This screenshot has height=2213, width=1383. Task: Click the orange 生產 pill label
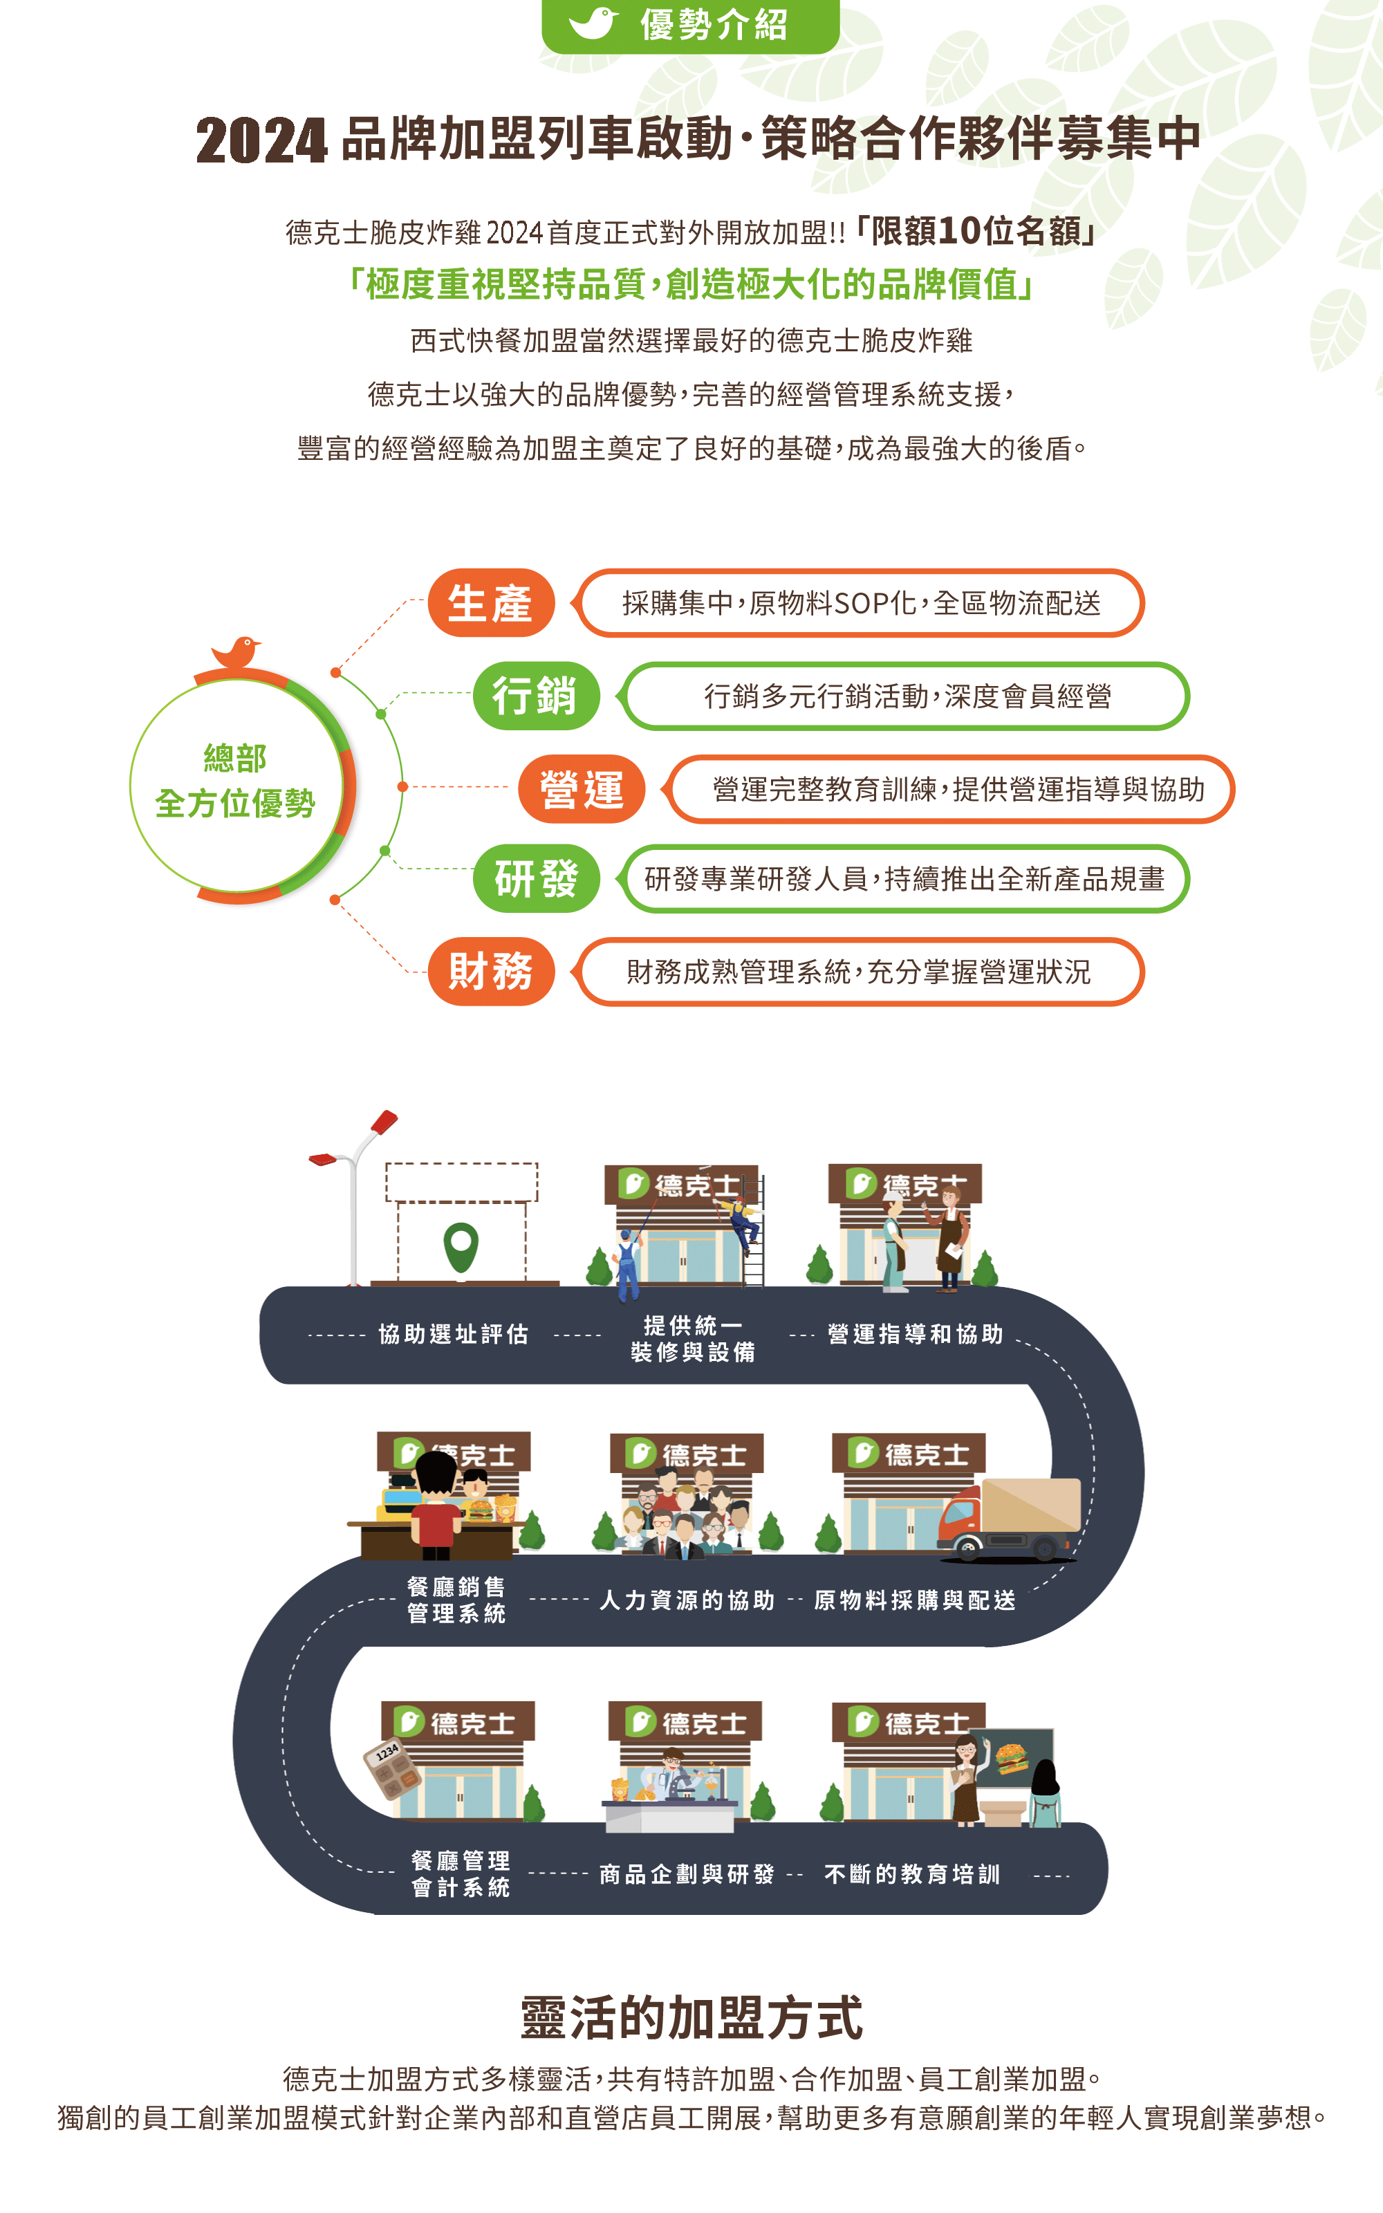(x=491, y=602)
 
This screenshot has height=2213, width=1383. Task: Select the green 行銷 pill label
(x=536, y=695)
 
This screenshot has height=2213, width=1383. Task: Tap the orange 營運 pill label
(x=582, y=788)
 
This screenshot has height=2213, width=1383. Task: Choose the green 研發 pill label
(x=536, y=878)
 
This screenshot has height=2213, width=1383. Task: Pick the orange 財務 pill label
(x=491, y=971)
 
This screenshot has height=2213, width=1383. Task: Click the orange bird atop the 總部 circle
(x=236, y=652)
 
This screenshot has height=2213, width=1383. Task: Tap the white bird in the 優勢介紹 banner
(x=593, y=23)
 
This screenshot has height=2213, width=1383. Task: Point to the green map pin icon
(x=461, y=1246)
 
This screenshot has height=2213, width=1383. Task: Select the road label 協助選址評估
(x=454, y=1334)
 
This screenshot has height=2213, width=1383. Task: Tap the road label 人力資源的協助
(x=687, y=1600)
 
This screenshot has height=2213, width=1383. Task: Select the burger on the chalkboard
(x=1011, y=1757)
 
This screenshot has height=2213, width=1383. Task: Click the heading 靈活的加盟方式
(x=691, y=2018)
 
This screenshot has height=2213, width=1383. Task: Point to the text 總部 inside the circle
(x=235, y=758)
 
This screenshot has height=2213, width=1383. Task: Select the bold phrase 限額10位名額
(x=976, y=232)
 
